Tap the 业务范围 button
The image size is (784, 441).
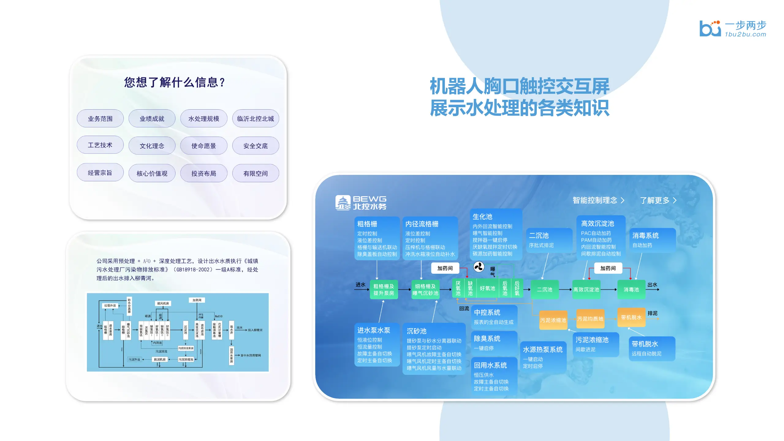click(x=100, y=119)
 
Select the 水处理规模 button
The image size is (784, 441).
click(x=204, y=119)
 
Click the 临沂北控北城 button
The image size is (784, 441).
click(x=256, y=119)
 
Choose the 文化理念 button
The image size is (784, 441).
click(x=152, y=146)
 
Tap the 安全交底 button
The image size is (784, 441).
click(x=256, y=146)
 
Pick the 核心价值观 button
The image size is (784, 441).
click(x=152, y=173)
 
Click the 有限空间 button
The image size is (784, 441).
click(x=256, y=173)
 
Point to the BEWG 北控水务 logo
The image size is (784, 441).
click(x=361, y=203)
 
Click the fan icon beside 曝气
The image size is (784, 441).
click(x=479, y=267)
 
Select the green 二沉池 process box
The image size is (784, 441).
click(x=544, y=289)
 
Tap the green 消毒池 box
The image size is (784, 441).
click(x=631, y=289)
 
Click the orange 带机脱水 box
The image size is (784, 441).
click(x=631, y=317)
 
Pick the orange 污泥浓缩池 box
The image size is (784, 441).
click(x=553, y=320)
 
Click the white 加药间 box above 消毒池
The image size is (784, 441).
click(x=608, y=268)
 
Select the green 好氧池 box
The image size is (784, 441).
click(x=487, y=288)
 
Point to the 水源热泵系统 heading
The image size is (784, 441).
click(x=543, y=349)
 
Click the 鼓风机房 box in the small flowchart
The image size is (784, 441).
click(x=163, y=303)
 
